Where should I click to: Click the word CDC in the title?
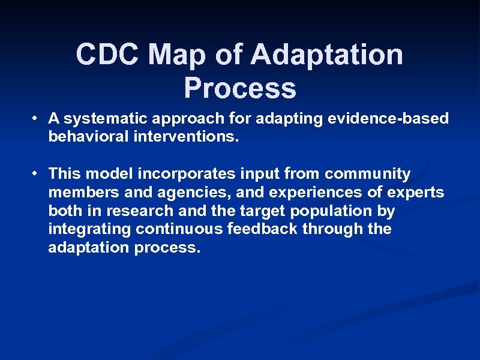(108, 55)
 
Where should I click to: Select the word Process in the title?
(240, 88)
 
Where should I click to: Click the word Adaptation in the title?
(326, 55)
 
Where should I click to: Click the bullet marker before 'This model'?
(37, 174)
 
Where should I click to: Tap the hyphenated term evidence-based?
(388, 119)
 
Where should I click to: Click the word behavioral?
(86, 137)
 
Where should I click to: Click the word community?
(367, 174)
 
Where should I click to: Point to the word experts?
(415, 193)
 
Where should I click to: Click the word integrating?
(90, 229)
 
